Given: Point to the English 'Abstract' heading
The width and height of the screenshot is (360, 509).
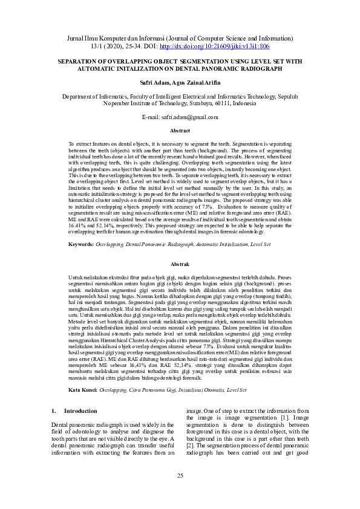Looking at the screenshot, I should [x=180, y=131].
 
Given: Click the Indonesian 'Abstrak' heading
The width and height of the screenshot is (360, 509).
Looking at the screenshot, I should [x=180, y=265].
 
